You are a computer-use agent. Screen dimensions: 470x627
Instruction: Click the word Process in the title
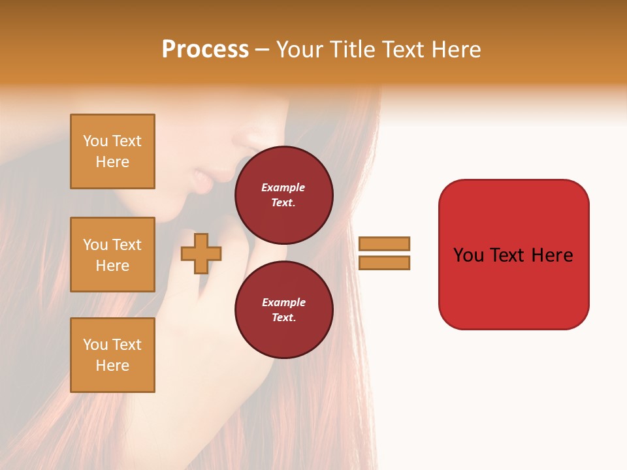205,50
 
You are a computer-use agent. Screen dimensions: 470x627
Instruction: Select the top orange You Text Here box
112,151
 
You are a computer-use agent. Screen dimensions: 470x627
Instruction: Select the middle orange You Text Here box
112,255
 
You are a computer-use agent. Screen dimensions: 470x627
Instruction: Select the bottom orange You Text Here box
112,354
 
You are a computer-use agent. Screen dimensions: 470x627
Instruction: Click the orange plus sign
201,253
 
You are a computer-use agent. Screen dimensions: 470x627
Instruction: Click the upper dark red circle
283,195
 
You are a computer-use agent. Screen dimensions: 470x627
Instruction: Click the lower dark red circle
283,309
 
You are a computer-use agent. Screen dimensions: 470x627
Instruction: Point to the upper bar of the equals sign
384,243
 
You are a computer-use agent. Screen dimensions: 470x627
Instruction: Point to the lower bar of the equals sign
384,262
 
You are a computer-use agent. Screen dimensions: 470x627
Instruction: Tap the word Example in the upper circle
283,187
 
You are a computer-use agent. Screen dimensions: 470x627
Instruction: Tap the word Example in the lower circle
283,302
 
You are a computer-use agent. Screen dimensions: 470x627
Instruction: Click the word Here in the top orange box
112,162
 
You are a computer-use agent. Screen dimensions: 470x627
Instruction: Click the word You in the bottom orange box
95,345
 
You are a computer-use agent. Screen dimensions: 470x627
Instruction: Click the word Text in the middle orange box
127,245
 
